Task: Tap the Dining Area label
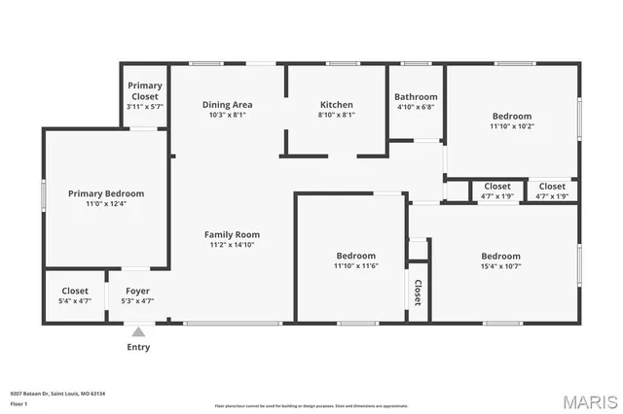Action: pos(227,104)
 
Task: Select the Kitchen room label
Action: pos(337,104)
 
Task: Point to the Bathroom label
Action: pos(416,97)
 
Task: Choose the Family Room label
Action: pos(232,234)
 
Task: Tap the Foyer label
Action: pos(137,291)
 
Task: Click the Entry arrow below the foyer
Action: pos(138,331)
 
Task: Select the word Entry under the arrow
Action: pos(138,347)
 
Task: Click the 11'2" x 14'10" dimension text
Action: pos(232,245)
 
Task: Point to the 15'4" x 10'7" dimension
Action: pos(500,266)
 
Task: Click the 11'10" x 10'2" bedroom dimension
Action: pos(511,125)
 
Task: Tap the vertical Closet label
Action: pos(418,293)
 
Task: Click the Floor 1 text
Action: pos(18,403)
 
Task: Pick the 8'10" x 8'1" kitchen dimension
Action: pos(337,115)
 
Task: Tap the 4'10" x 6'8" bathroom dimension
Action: pos(416,107)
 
